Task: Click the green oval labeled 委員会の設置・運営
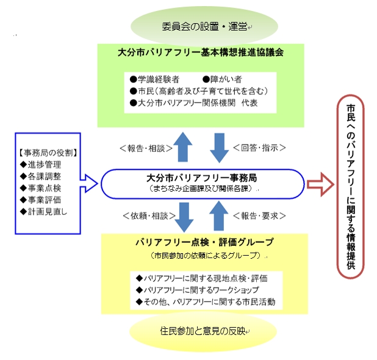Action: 204,26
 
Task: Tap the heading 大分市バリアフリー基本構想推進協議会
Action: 201,52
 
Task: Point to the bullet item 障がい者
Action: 224,79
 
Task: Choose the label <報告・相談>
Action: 142,147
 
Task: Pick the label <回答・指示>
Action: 260,147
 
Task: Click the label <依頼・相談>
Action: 142,215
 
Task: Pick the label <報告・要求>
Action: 260,215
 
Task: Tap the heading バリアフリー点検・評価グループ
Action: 204,242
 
